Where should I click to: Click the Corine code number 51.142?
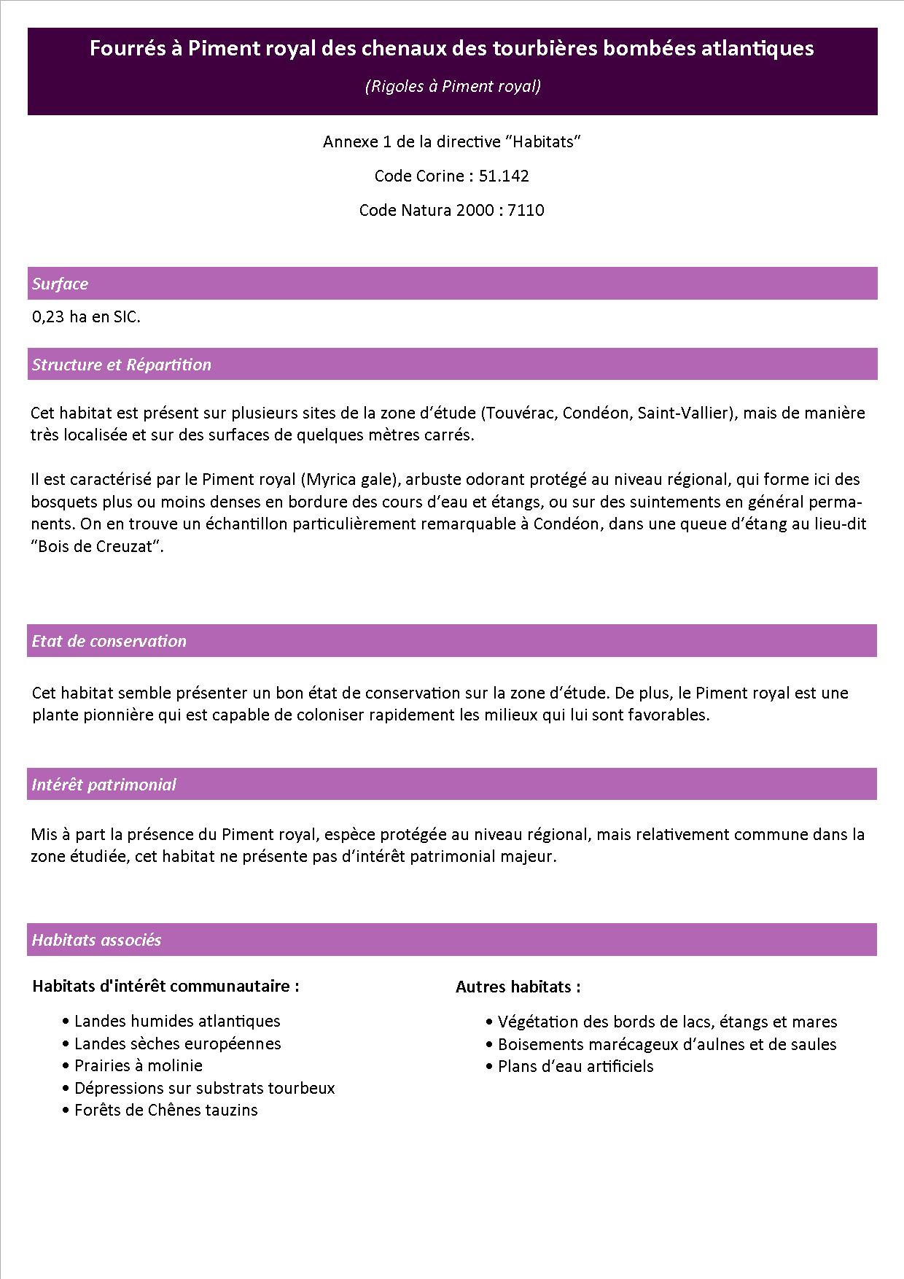coord(504,176)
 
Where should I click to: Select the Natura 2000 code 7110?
coord(526,210)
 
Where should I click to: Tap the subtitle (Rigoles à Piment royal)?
coord(452,86)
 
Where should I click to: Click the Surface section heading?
coord(60,284)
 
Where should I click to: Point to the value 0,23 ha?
coord(59,316)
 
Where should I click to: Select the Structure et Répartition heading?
coord(121,365)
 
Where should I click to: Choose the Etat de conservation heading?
coord(109,641)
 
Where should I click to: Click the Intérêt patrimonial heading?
coord(104,785)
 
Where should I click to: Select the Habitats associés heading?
coord(96,940)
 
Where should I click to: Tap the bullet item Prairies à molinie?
coord(139,1065)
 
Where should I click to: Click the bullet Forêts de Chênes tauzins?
coord(166,1110)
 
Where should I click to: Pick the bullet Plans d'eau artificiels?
coord(575,1066)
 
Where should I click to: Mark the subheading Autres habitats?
coord(518,987)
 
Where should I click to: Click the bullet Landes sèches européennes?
coord(177,1043)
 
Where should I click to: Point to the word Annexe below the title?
coord(350,141)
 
